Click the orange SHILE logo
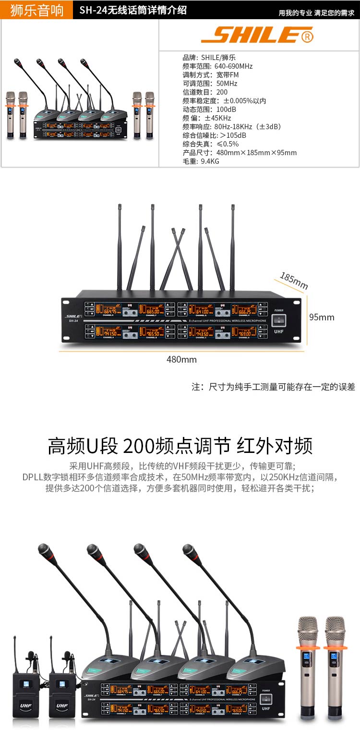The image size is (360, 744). coord(257,35)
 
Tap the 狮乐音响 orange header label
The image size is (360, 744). coord(36,10)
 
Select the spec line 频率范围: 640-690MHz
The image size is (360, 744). coord(217,66)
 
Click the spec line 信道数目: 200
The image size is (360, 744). coord(205,92)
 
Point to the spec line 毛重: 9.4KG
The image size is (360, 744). coord(201,161)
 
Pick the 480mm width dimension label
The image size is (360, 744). coord(181,359)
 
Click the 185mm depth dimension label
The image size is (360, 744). coord(294,281)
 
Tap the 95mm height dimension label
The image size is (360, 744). coord(321,317)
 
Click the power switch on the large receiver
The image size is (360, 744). coord(278,320)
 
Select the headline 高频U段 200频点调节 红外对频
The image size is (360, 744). coord(180,446)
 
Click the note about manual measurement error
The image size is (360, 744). coord(273,387)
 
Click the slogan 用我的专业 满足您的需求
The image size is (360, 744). coord(316,13)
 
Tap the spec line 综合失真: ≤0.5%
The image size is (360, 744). coord(210,144)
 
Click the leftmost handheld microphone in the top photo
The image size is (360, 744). coord(11,115)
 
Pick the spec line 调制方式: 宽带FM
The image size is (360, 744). coord(210,75)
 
